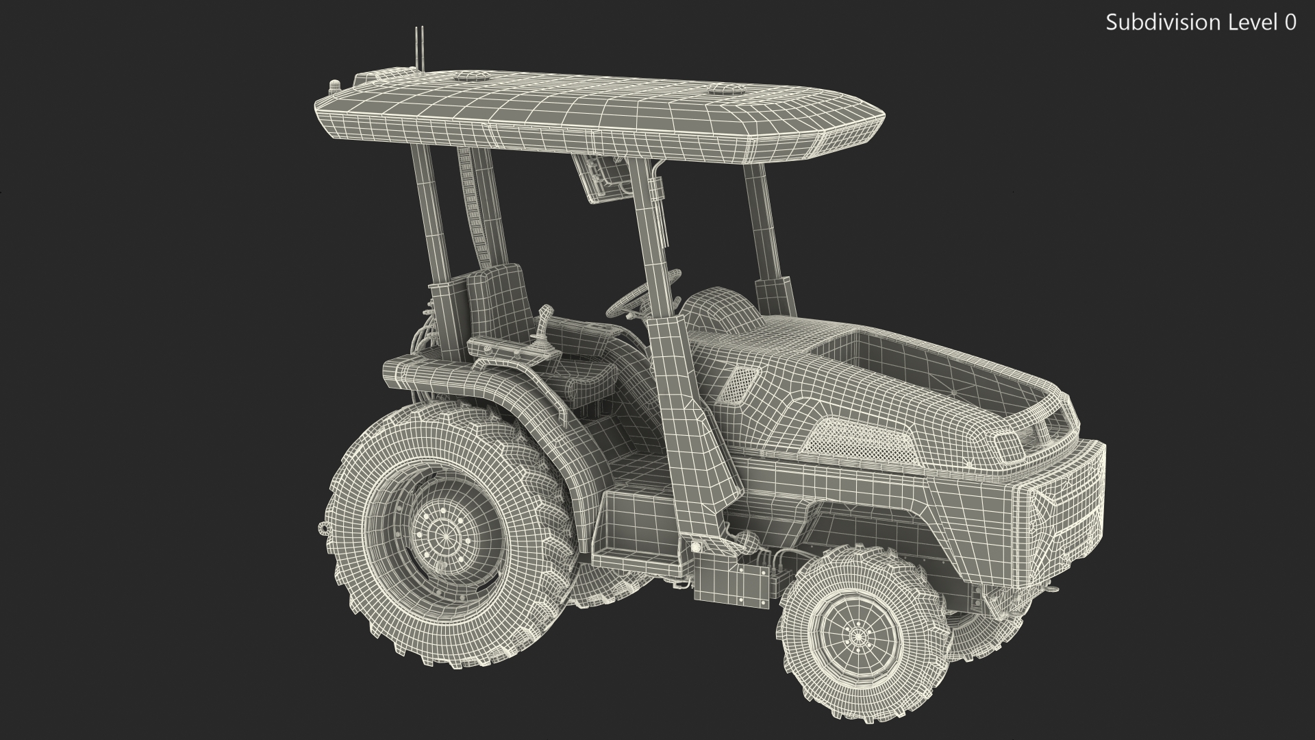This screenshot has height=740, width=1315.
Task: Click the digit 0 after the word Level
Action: coord(1289,23)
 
